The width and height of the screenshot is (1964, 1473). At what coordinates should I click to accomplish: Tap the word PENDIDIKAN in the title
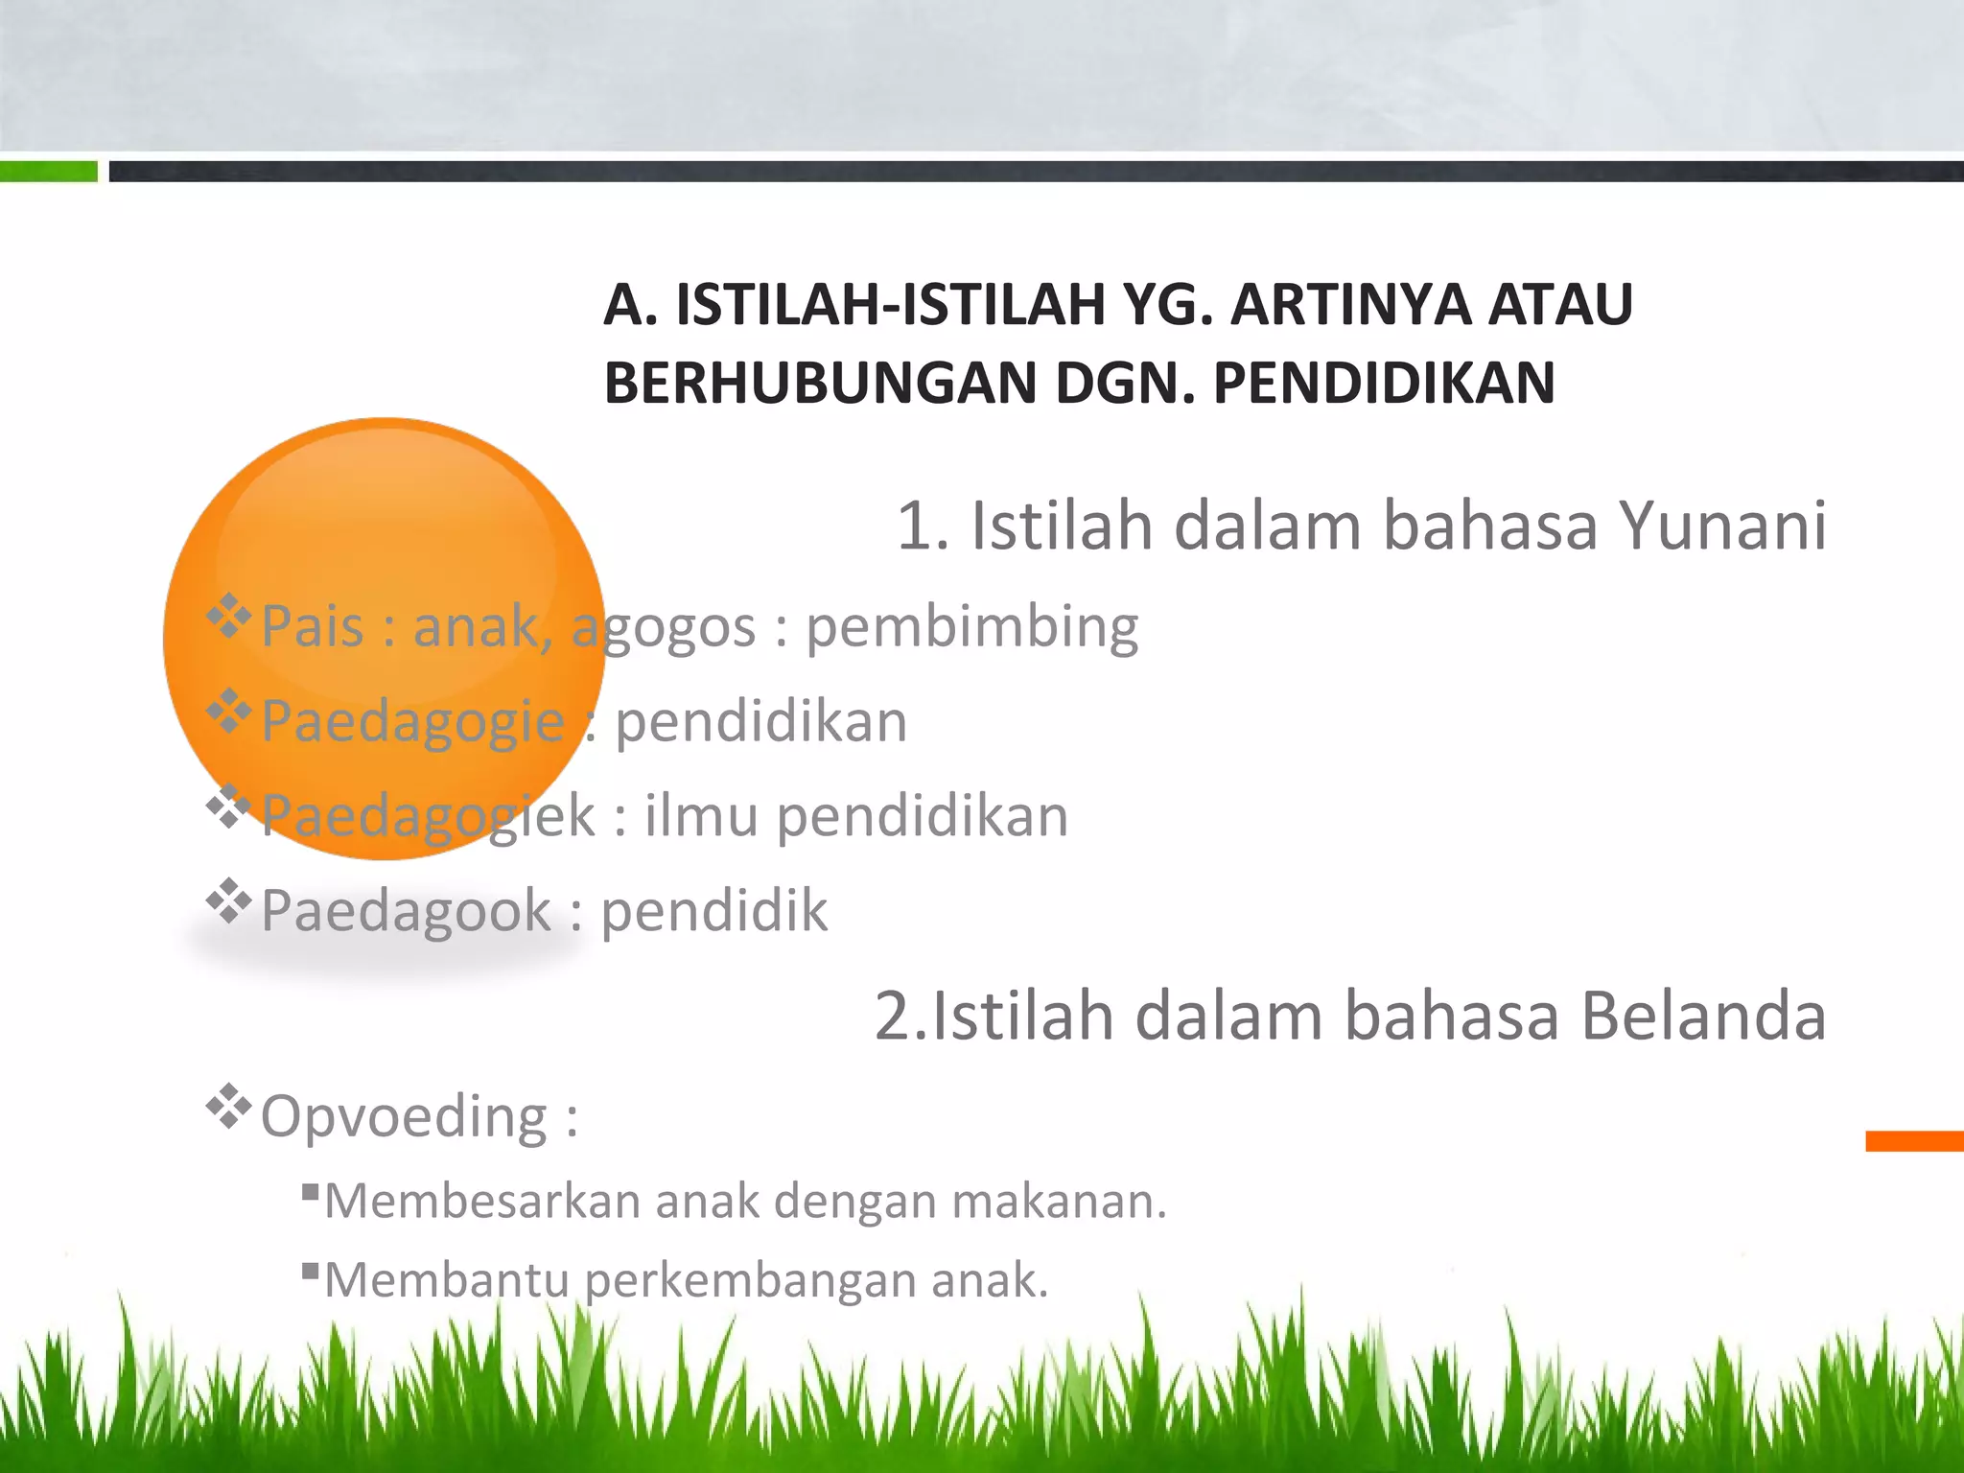click(x=1384, y=384)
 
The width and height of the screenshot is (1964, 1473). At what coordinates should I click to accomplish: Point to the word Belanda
click(x=1703, y=1017)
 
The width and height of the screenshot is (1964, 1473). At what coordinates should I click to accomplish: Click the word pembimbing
click(x=971, y=629)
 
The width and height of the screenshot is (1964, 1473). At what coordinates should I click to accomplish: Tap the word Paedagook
click(x=406, y=911)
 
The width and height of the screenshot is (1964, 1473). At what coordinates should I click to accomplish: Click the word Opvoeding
click(x=404, y=1117)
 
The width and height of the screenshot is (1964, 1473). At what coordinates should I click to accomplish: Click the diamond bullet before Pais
click(x=228, y=617)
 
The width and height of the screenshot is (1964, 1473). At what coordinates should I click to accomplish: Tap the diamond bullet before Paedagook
click(x=228, y=900)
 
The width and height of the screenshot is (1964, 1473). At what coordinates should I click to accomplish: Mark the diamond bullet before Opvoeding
click(x=228, y=1107)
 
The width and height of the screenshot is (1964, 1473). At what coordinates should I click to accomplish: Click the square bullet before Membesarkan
click(x=310, y=1192)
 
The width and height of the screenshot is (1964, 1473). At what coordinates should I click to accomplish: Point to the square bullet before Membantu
click(x=310, y=1272)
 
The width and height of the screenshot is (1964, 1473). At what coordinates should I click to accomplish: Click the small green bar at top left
click(x=48, y=172)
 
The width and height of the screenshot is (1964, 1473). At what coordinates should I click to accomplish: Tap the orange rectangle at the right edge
click(x=1914, y=1141)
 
